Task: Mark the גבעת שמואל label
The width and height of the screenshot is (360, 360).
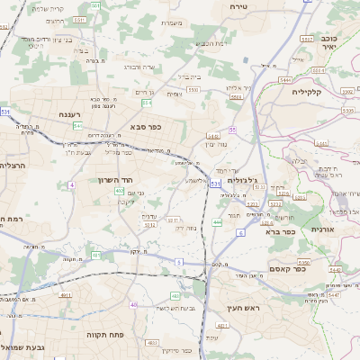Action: [x=24, y=347]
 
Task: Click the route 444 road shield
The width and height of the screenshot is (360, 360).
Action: [x=217, y=221]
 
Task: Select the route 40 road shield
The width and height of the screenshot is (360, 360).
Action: [x=133, y=304]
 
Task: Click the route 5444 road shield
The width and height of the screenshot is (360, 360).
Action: [x=285, y=80]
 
